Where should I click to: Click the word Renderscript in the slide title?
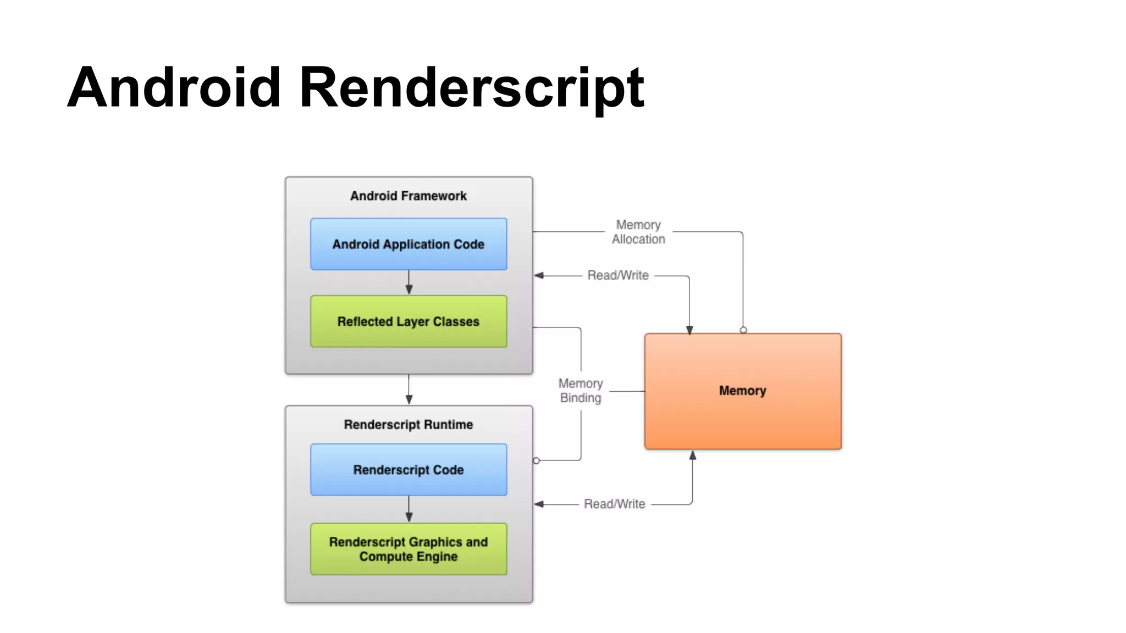pyautogui.click(x=471, y=88)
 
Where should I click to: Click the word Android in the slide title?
pyautogui.click(x=174, y=88)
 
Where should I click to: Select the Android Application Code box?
pyautogui.click(x=409, y=244)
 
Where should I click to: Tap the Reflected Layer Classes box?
pyautogui.click(x=409, y=321)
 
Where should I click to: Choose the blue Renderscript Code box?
pyautogui.click(x=409, y=470)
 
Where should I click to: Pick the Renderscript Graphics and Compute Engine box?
pyautogui.click(x=409, y=549)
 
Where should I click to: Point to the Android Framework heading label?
pyautogui.click(x=409, y=196)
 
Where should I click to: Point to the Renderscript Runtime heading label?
pyautogui.click(x=409, y=425)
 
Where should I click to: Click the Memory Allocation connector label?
pyautogui.click(x=638, y=232)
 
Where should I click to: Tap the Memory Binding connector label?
pyautogui.click(x=581, y=391)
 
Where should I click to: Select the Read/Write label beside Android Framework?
pyautogui.click(x=618, y=275)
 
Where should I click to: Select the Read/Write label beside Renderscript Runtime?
pyautogui.click(x=614, y=504)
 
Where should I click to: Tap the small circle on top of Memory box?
pyautogui.click(x=743, y=330)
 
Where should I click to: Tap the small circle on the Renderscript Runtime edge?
pyautogui.click(x=536, y=460)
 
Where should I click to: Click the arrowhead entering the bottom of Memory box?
pyautogui.click(x=693, y=456)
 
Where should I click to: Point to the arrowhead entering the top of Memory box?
pyautogui.click(x=689, y=329)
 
